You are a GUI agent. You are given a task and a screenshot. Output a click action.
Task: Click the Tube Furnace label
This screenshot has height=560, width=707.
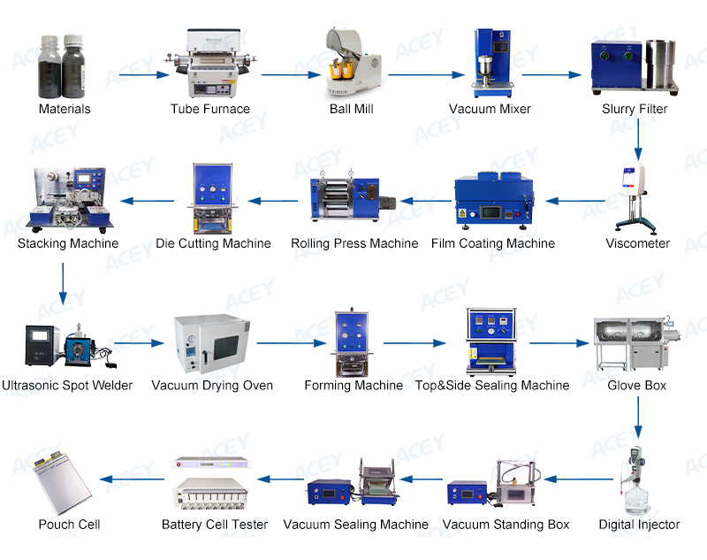(x=210, y=109)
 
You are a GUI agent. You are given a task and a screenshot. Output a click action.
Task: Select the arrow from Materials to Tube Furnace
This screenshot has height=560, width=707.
(x=142, y=74)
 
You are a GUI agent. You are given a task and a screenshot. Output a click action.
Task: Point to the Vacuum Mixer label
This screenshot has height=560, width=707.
(x=490, y=109)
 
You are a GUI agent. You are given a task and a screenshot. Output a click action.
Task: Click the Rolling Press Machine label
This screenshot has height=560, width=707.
(x=354, y=243)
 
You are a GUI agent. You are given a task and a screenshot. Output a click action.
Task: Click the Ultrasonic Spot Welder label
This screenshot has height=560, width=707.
(x=67, y=385)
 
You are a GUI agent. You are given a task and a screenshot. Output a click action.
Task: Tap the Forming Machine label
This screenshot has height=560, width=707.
(x=353, y=385)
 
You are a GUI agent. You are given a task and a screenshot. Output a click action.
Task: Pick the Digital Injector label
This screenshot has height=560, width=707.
(x=639, y=525)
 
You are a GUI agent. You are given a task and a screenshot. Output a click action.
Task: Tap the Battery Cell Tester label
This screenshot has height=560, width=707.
(x=215, y=525)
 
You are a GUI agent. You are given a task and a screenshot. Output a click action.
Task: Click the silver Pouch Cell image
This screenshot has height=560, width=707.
(x=64, y=482)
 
